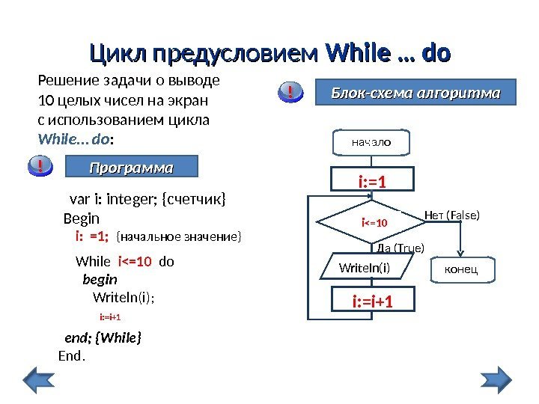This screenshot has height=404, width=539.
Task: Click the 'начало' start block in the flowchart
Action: (x=371, y=140)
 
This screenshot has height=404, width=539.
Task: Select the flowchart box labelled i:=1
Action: (x=372, y=180)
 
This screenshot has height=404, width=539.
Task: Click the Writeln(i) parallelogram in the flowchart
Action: (x=365, y=267)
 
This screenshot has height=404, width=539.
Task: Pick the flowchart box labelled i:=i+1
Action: (x=372, y=302)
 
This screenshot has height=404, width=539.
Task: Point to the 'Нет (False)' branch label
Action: (x=451, y=215)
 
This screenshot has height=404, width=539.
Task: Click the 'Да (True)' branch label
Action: (x=401, y=248)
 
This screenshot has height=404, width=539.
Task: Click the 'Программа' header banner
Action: (x=131, y=166)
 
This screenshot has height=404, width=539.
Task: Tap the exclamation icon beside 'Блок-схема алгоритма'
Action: (x=289, y=93)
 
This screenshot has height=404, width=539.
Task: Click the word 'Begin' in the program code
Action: (x=82, y=218)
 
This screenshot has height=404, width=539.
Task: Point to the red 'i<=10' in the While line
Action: (x=135, y=263)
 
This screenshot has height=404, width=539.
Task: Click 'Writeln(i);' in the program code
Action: (x=124, y=297)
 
